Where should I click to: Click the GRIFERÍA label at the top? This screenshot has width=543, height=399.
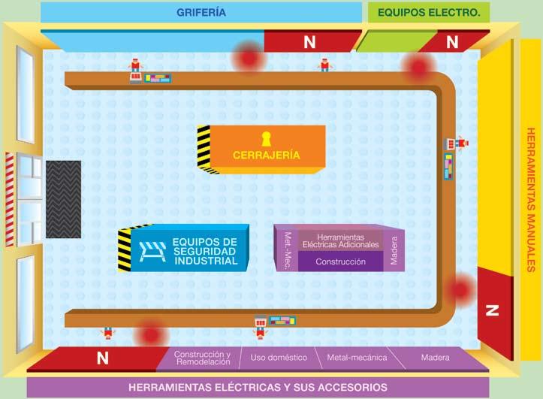(x=201, y=12)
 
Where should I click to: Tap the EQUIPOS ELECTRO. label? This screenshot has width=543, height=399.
(x=428, y=12)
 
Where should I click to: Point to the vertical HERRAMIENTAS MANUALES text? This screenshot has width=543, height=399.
(x=530, y=198)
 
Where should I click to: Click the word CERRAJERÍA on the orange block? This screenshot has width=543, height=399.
(x=266, y=156)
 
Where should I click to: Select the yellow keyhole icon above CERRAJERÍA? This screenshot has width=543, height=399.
(x=265, y=138)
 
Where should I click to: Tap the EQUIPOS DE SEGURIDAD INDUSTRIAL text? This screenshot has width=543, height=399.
(x=204, y=251)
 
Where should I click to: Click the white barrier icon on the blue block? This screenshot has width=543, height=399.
(x=152, y=252)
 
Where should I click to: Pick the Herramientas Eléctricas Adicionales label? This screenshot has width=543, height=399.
(x=342, y=240)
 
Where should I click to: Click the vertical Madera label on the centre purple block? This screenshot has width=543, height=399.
(x=394, y=249)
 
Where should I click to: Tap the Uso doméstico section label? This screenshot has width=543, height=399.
(x=278, y=358)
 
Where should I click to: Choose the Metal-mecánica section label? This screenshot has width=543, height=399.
(x=357, y=358)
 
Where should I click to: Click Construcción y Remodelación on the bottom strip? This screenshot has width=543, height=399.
(x=202, y=358)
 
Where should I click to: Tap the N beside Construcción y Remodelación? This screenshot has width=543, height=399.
(x=102, y=359)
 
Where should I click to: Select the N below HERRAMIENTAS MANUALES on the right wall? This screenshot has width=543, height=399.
(x=492, y=310)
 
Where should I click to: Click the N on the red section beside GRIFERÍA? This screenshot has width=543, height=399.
(x=309, y=43)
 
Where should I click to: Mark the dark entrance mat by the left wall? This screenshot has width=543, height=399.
(x=63, y=198)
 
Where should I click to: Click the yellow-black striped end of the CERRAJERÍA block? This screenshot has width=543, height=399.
(x=204, y=147)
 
